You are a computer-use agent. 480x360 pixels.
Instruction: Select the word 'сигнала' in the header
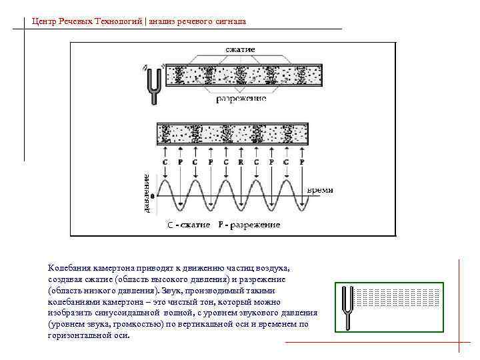pyautogui.click(x=230, y=21)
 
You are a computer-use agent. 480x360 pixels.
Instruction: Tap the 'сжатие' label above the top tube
pyautogui.click(x=240, y=50)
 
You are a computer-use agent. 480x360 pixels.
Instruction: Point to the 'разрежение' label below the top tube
pyautogui.click(x=241, y=99)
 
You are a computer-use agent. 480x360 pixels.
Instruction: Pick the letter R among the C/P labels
pyautogui.click(x=241, y=162)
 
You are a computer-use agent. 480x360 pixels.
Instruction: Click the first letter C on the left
pyautogui.click(x=165, y=162)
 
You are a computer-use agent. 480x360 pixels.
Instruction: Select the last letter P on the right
pyautogui.click(x=302, y=162)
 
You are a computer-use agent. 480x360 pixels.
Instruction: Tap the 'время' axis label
pyautogui.click(x=320, y=190)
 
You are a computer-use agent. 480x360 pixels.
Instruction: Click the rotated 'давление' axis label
pyautogui.click(x=146, y=193)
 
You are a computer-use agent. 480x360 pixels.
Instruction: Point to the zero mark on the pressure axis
pyautogui.click(x=153, y=197)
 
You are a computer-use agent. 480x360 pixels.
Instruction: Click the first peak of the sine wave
pyautogui.click(x=165, y=179)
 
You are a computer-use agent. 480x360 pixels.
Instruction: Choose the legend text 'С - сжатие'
pyautogui.click(x=189, y=225)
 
